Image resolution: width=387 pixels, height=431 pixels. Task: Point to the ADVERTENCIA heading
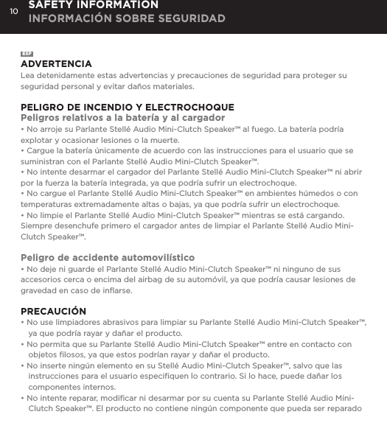(56, 64)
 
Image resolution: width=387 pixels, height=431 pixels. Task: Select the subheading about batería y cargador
(122, 118)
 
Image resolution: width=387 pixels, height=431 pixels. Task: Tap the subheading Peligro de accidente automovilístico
(108, 258)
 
